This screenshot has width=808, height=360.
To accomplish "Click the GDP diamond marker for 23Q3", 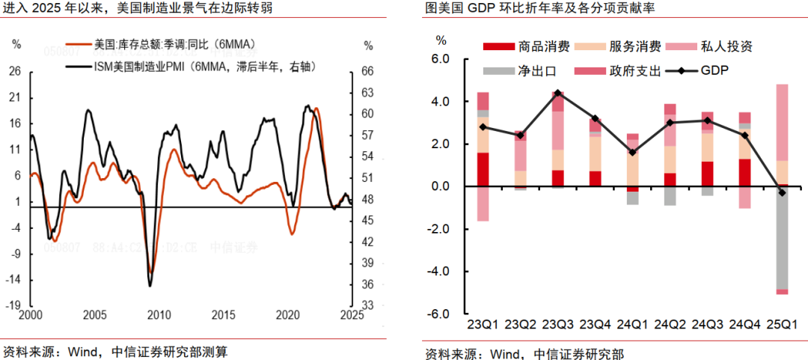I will pos(558,94).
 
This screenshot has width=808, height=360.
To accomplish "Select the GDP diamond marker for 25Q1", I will pos(782,193).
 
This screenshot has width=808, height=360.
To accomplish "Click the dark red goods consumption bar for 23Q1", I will pos(483,169).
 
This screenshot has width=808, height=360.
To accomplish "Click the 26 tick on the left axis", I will pos(15,72).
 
